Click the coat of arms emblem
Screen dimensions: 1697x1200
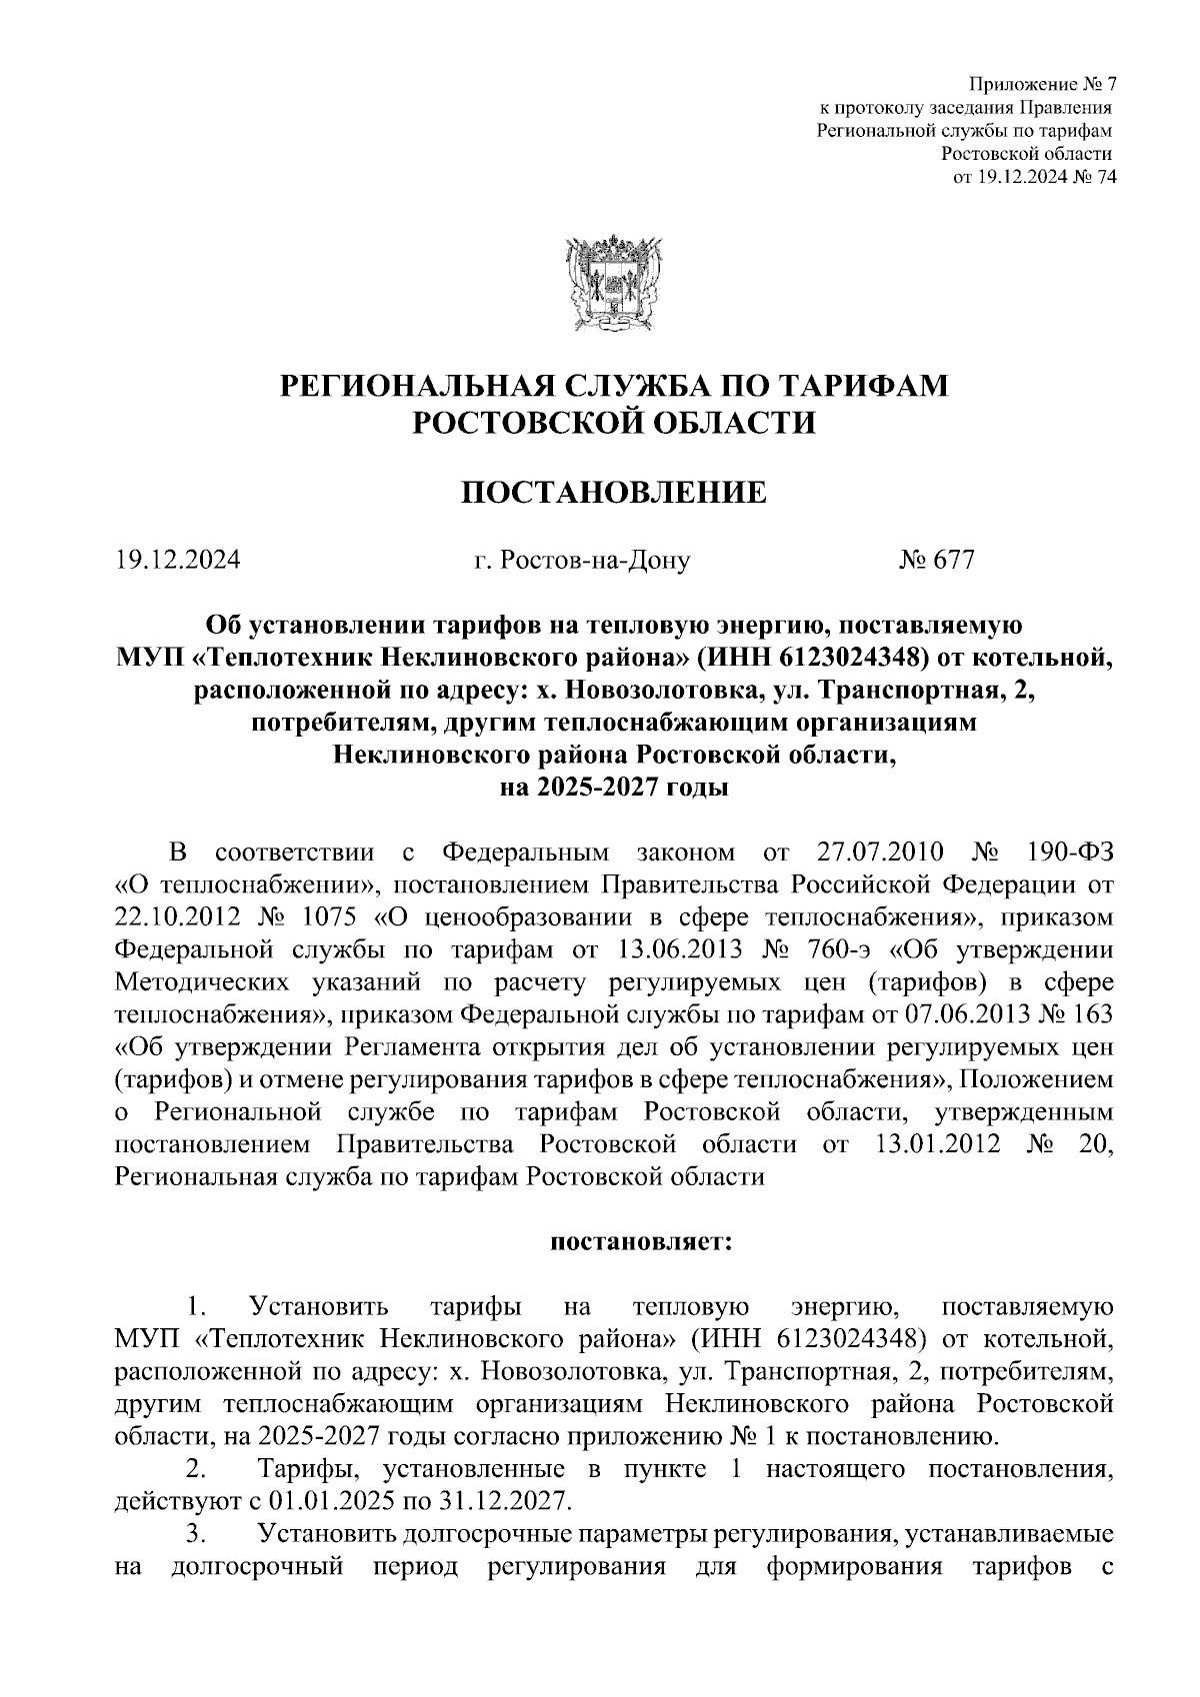[614, 283]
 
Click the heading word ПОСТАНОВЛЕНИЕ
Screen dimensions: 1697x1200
[613, 493]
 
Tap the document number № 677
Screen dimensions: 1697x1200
[936, 562]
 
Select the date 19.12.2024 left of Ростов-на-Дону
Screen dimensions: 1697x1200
[176, 562]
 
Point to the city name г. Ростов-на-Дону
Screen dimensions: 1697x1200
[582, 562]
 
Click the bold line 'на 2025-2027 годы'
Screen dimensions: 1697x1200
[613, 788]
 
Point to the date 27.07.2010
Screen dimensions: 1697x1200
[866, 853]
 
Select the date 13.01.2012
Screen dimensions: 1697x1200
[937, 1144]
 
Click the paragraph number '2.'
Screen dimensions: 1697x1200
[197, 1469]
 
